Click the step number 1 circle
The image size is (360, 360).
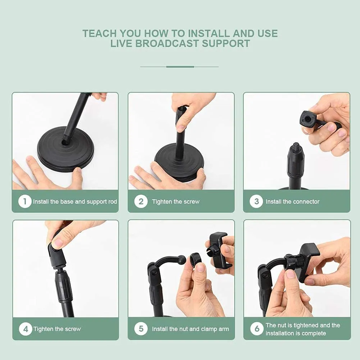click(x=25, y=201)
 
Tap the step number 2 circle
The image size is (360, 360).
click(x=141, y=201)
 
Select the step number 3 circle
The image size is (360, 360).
click(x=256, y=201)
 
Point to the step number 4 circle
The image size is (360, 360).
click(x=25, y=329)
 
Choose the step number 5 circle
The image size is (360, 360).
click(x=141, y=329)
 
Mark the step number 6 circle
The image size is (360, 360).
click(x=256, y=329)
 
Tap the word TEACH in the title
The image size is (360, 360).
click(x=99, y=33)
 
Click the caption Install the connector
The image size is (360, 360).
click(x=292, y=202)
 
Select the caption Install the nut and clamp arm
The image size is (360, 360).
click(x=190, y=329)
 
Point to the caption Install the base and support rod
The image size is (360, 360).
click(x=75, y=202)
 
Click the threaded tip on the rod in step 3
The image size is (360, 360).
click(x=296, y=146)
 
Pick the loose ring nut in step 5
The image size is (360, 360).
click(x=196, y=259)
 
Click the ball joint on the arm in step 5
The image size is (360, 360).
click(x=182, y=260)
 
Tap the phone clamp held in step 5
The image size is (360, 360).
click(x=218, y=250)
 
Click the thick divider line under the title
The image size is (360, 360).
click(x=180, y=67)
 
